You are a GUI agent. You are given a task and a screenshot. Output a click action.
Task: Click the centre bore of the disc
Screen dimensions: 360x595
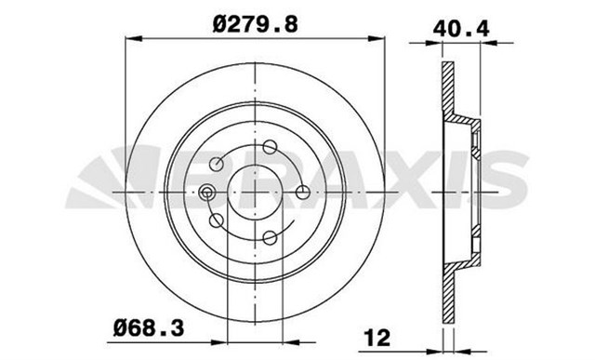coord(254,193)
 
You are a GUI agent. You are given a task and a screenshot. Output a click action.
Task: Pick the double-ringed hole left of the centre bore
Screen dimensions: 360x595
coord(206,193)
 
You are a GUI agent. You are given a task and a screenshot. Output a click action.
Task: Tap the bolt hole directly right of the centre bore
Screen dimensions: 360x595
coord(302,193)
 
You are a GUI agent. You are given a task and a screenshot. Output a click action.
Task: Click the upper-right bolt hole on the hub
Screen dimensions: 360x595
coord(269,147)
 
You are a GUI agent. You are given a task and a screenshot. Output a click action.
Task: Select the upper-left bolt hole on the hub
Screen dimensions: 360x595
coord(217,165)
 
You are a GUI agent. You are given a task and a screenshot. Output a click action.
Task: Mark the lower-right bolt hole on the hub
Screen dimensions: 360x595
coord(269,238)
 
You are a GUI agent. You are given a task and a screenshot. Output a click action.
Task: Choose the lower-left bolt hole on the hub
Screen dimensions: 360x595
coord(217,221)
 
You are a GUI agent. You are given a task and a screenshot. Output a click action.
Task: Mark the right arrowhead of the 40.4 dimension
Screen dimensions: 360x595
coord(483,41)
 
